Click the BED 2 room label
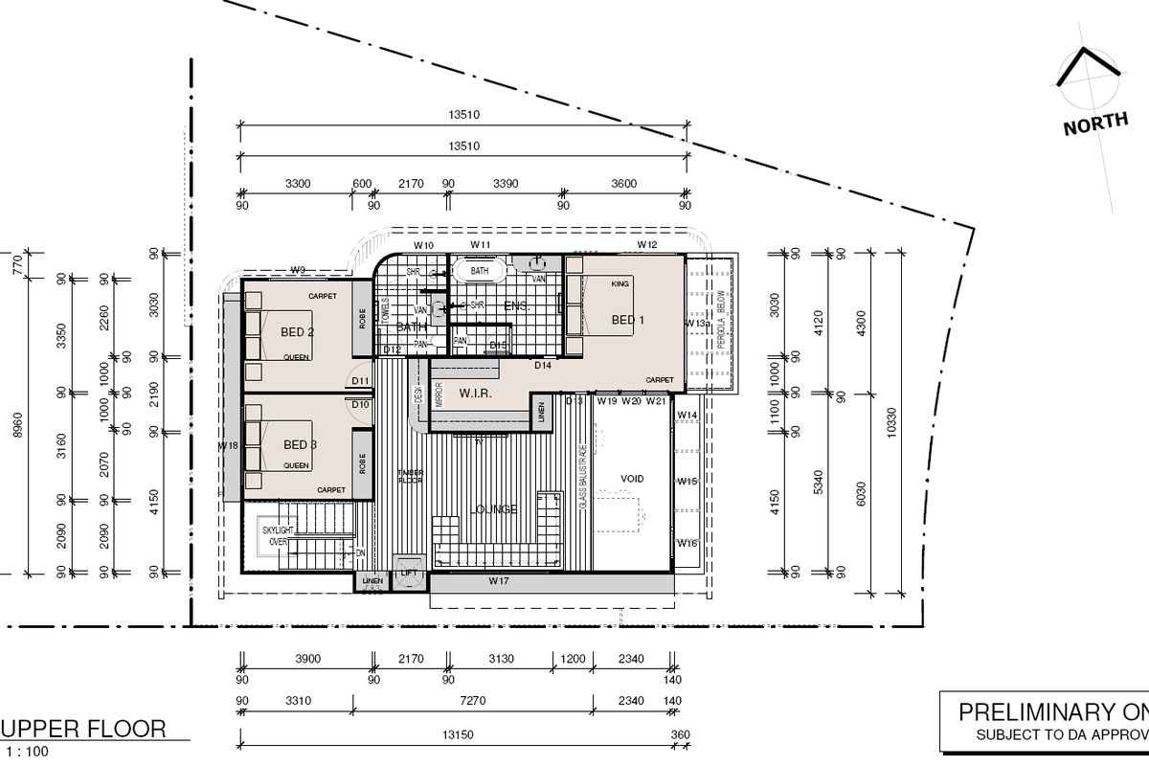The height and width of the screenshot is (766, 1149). (x=298, y=332)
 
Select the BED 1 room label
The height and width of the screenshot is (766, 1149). (x=623, y=319)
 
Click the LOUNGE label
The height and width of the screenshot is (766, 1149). (x=494, y=509)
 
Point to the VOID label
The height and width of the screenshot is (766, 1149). (x=632, y=479)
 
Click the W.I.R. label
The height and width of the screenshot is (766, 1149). (x=475, y=394)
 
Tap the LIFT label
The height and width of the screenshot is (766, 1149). (x=409, y=573)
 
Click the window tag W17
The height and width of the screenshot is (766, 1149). (x=498, y=580)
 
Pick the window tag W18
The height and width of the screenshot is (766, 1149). (x=228, y=446)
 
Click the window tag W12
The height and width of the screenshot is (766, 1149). (x=647, y=245)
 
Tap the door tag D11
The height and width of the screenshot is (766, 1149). (x=360, y=381)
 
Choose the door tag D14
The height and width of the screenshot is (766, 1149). (x=543, y=366)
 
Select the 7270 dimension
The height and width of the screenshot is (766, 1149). (x=473, y=701)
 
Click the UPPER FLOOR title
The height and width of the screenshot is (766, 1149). (x=87, y=729)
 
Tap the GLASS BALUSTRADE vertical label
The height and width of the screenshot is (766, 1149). (x=583, y=480)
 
